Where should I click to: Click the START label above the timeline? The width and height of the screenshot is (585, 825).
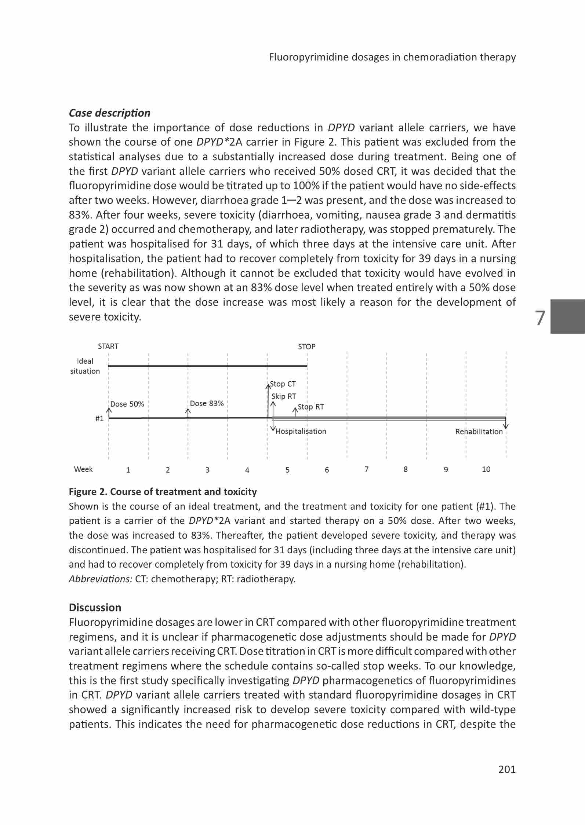108,346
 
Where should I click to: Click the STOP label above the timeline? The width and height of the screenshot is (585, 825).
306,346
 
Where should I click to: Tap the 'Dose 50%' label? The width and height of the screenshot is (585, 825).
127,404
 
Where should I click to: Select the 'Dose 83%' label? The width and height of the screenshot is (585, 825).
207,403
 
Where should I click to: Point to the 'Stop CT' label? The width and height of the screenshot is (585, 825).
283,384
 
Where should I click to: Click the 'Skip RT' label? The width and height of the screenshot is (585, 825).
284,396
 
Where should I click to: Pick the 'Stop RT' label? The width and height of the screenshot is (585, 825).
310,407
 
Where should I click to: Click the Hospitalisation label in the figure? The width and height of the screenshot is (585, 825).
301,431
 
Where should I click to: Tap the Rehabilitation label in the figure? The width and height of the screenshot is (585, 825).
479,432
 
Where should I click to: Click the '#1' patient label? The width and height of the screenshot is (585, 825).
99,418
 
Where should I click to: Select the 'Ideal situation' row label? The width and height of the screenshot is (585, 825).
85,366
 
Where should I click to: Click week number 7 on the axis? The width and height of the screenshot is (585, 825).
366,469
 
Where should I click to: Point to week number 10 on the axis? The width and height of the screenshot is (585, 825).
486,469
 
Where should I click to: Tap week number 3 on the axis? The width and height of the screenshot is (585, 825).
207,470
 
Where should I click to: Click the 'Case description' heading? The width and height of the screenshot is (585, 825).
109,113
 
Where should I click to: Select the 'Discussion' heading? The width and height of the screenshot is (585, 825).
95,607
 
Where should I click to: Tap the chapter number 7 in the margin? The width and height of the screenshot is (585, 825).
540,318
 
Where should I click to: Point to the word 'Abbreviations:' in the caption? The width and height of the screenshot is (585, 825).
101,579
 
